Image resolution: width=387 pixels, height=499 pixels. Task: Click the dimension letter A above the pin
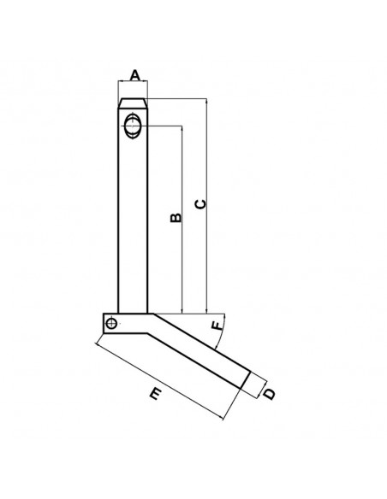(x=133, y=74)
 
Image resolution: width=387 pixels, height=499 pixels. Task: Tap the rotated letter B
(x=176, y=218)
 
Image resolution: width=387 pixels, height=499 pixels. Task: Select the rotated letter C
(x=199, y=203)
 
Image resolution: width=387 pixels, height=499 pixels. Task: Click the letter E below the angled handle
(x=154, y=394)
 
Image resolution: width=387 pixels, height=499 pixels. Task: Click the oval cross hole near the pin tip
(x=133, y=127)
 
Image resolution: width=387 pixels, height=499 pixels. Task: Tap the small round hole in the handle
(x=111, y=322)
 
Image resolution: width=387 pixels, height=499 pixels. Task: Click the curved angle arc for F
(x=223, y=329)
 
